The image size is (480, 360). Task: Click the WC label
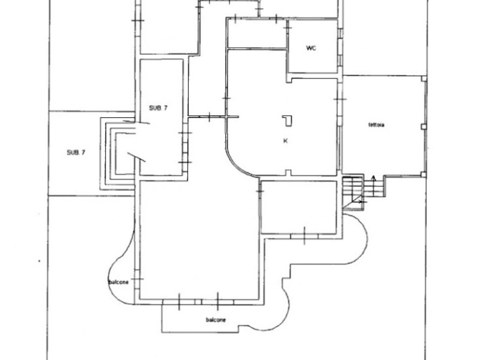(x=311, y=48)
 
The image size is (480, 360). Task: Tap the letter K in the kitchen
(x=286, y=141)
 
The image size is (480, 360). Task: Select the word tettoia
(x=376, y=125)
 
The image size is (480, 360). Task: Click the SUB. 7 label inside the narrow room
(x=158, y=108)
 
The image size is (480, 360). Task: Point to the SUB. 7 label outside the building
(x=76, y=152)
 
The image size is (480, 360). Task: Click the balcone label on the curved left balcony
(x=118, y=282)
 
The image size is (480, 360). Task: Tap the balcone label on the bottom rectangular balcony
(x=216, y=320)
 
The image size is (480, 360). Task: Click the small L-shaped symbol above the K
(x=288, y=120)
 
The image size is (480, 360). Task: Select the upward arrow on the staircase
(x=374, y=179)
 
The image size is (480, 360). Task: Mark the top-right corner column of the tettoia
(x=424, y=79)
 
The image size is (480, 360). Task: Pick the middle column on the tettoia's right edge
(x=424, y=126)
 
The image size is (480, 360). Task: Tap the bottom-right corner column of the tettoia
(x=424, y=174)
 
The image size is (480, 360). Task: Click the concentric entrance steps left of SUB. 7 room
(x=110, y=154)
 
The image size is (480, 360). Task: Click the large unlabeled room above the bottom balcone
(x=198, y=240)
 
